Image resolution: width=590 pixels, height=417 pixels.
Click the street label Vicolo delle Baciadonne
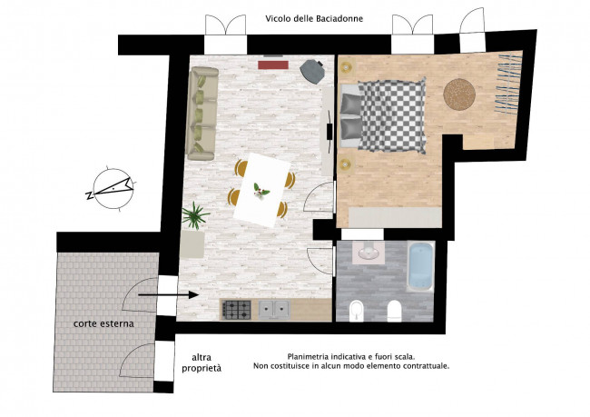(x=314, y=18)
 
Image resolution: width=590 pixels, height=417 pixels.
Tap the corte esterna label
(x=103, y=323)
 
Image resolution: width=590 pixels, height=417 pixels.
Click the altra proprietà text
(x=202, y=362)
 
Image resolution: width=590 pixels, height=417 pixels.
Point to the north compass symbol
(x=113, y=188)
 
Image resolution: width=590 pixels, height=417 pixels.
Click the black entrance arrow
(x=168, y=295)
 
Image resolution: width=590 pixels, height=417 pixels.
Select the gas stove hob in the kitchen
(x=237, y=310)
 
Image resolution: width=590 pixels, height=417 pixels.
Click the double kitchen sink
(x=274, y=310)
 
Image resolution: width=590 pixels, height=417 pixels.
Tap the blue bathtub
(x=420, y=267)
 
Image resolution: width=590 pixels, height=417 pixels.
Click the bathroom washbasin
(x=369, y=253)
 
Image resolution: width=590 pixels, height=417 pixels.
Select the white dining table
(x=262, y=190)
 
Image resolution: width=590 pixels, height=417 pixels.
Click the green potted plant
(x=195, y=215)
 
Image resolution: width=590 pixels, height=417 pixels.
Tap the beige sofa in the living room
(x=202, y=114)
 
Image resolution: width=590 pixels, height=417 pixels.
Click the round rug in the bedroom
(x=459, y=94)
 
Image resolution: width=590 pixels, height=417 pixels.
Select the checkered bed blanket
(x=392, y=114)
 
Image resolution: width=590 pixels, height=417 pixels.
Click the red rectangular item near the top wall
(x=273, y=65)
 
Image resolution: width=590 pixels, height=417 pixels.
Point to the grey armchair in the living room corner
(x=312, y=72)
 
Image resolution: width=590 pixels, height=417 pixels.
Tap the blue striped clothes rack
(x=509, y=84)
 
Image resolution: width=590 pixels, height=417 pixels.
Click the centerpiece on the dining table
(x=261, y=190)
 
